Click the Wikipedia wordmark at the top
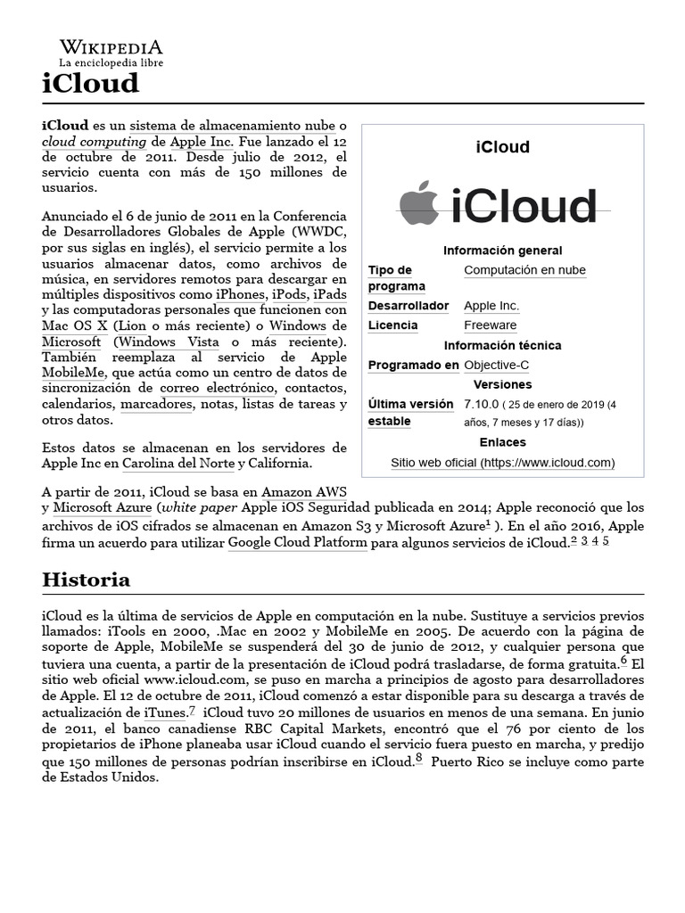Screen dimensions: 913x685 click(x=111, y=47)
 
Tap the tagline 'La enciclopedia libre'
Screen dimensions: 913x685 click(x=111, y=63)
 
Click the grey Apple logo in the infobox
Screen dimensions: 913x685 click(x=418, y=203)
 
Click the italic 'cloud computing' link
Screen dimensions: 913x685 click(x=94, y=142)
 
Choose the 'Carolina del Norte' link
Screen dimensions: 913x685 click(x=178, y=464)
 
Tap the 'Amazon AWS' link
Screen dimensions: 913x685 click(x=304, y=492)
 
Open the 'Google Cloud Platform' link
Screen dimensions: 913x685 click(x=297, y=542)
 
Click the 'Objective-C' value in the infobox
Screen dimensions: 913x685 click(x=496, y=365)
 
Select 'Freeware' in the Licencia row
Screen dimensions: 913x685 click(x=490, y=325)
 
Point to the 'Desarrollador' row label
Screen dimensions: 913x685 click(x=409, y=306)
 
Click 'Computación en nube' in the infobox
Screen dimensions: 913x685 click(x=524, y=270)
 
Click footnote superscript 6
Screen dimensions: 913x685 click(x=624, y=662)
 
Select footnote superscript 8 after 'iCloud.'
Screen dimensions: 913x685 click(x=418, y=759)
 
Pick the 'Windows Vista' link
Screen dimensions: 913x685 click(x=169, y=342)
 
